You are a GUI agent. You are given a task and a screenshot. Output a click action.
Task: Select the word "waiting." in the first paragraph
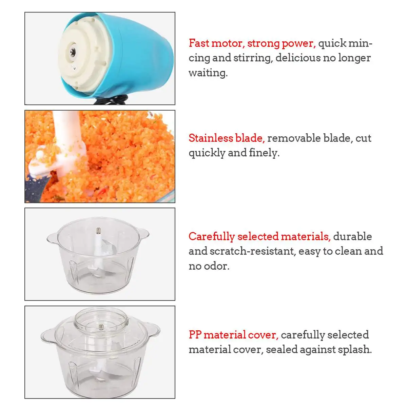pyautogui.click(x=208, y=73)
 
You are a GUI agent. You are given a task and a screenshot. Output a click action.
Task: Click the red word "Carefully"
pyautogui.click(x=211, y=236)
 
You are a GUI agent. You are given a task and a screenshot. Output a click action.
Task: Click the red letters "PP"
pyautogui.click(x=195, y=335)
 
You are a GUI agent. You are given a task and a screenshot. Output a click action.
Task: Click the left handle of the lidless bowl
pyautogui.click(x=51, y=237)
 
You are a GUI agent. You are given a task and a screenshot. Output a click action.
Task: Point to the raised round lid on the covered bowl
pyautogui.click(x=101, y=319)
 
